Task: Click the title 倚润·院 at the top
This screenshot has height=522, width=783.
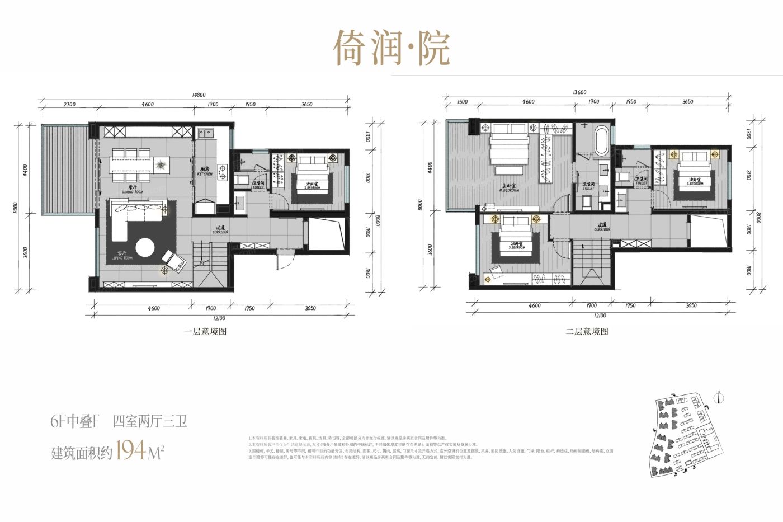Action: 391,48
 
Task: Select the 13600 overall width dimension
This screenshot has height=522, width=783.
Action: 580,92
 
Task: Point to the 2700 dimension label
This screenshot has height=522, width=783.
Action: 69,104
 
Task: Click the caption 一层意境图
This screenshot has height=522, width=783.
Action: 205,331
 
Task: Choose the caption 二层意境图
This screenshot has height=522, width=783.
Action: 587,331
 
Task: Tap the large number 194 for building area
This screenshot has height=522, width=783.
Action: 132,450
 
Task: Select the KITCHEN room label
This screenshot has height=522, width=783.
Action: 205,172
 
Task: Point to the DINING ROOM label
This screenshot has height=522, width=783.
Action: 133,190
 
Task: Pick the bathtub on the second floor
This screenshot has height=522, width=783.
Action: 602,141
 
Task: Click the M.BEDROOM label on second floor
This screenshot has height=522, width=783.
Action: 508,188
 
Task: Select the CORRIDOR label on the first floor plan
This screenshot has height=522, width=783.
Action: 220,230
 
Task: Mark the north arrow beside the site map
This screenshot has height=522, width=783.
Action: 720,398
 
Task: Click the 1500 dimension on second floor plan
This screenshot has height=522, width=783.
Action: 462,102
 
